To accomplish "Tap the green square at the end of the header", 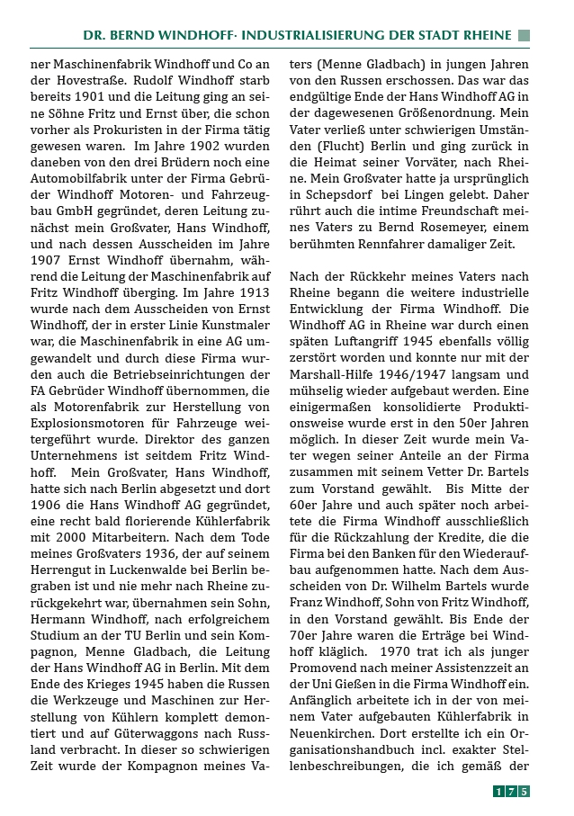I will click(x=525, y=35).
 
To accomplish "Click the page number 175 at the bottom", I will click(x=511, y=792).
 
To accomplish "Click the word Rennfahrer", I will click(x=394, y=244).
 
